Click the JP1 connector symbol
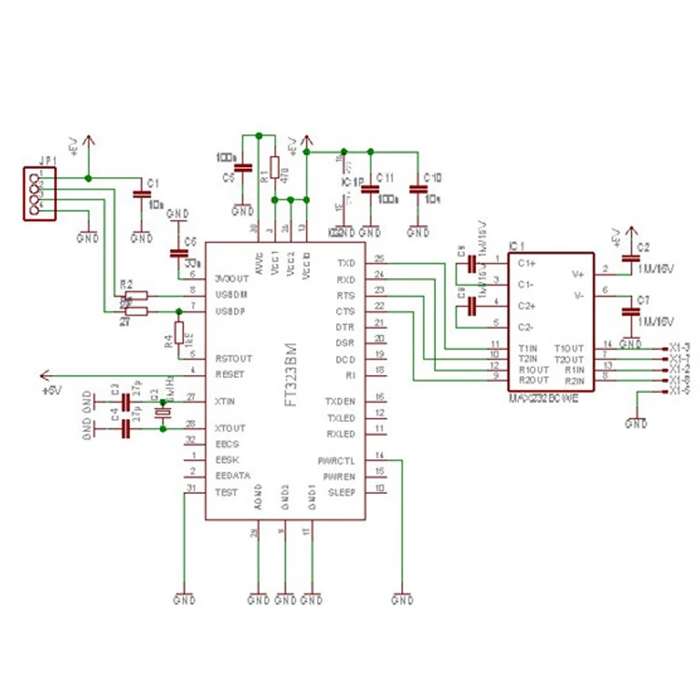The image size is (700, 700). coord(39,193)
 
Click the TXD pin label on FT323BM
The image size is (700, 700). coord(345,262)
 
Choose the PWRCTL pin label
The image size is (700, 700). coord(337,460)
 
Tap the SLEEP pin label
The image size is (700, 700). coord(341,491)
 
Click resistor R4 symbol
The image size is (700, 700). coord(177,333)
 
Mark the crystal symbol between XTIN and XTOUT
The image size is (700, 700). coord(163,413)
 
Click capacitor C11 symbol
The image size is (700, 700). coord(370,190)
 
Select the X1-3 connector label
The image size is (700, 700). coord(679,347)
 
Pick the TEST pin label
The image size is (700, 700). coord(225,490)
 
